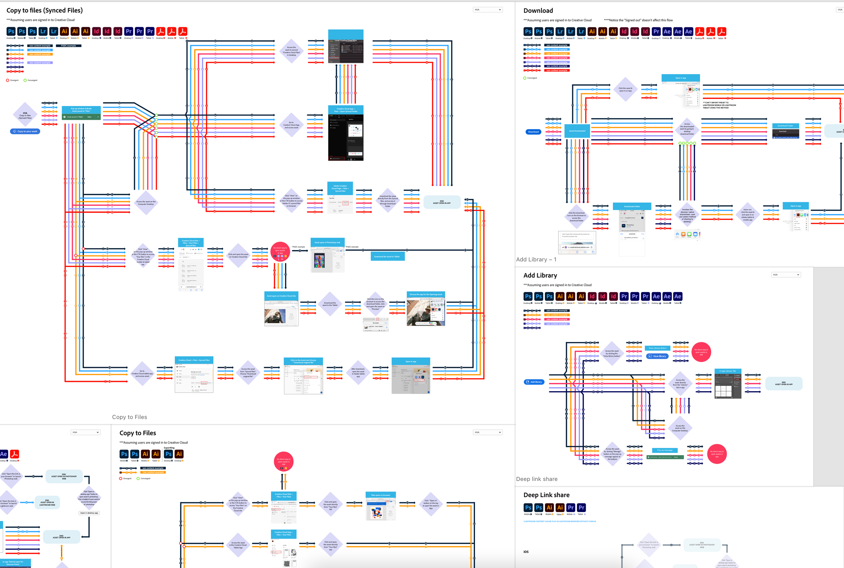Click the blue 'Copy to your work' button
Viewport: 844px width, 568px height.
click(x=25, y=132)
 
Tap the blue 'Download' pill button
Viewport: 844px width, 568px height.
click(x=533, y=132)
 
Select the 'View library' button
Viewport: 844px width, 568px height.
click(x=657, y=356)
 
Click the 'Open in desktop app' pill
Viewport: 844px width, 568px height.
click(x=89, y=513)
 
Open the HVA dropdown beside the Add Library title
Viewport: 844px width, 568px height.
click(x=786, y=275)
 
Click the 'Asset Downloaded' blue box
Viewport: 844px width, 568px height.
click(x=577, y=131)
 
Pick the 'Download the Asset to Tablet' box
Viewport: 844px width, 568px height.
click(x=387, y=256)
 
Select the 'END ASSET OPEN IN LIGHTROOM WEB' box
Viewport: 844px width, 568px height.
click(x=47, y=503)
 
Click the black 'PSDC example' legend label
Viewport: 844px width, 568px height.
click(x=69, y=46)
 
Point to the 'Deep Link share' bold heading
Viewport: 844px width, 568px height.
click(x=546, y=495)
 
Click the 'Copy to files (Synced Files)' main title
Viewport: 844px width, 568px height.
click(x=45, y=10)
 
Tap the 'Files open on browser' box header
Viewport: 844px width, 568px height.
click(x=380, y=495)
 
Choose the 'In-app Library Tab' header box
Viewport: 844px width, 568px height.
click(x=728, y=371)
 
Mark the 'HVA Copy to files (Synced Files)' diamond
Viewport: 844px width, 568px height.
click(x=25, y=115)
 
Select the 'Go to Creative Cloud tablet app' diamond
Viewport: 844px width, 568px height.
click(x=142, y=374)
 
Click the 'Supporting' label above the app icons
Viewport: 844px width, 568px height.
click(x=169, y=448)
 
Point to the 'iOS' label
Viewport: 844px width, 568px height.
click(x=526, y=552)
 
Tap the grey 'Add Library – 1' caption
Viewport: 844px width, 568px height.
click(x=536, y=260)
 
